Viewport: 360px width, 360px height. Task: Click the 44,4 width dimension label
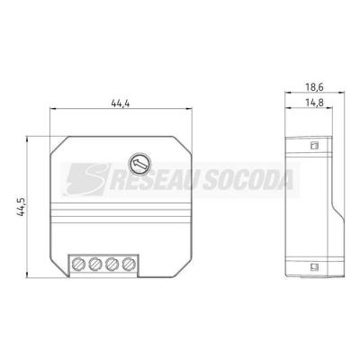(121, 103)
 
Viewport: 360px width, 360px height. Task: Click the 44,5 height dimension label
(22, 207)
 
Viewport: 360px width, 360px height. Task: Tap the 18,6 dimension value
(314, 87)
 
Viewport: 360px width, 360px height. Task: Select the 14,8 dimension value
(314, 103)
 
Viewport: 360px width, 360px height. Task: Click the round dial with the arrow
(139, 164)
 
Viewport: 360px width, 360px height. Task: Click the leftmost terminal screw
(78, 264)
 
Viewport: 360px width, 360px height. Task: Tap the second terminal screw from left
(95, 264)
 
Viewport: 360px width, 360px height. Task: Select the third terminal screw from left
(112, 264)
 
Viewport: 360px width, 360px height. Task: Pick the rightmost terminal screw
(129, 264)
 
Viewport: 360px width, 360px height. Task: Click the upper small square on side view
(314, 145)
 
